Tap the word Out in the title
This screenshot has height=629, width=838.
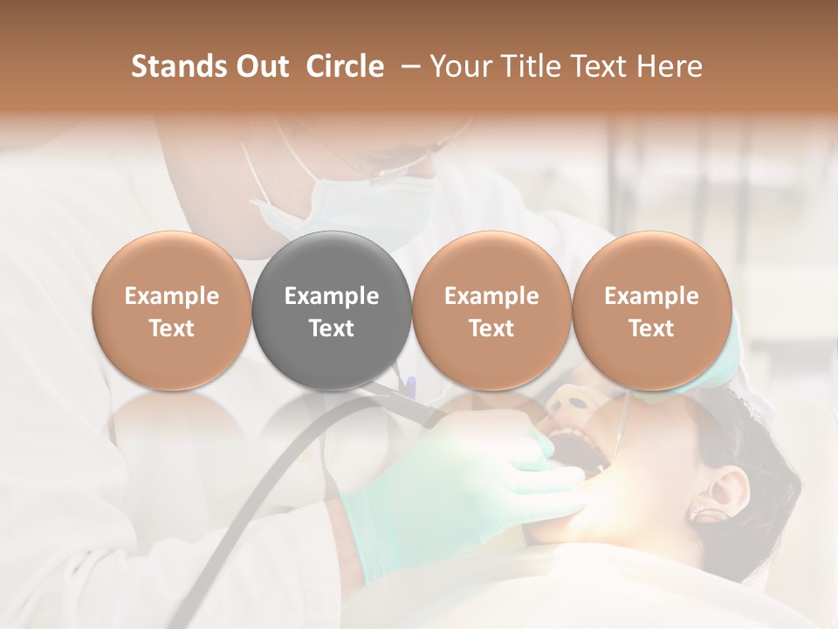[262, 66]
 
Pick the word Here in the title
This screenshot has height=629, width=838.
[670, 66]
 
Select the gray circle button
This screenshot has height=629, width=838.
[332, 310]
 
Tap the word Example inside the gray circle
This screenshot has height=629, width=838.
[332, 296]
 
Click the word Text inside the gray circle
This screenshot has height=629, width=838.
[332, 328]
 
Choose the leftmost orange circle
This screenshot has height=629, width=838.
[171, 310]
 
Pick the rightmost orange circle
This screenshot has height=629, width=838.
[651, 310]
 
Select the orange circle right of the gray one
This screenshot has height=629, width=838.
[491, 310]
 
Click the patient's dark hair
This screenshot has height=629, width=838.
[751, 437]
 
